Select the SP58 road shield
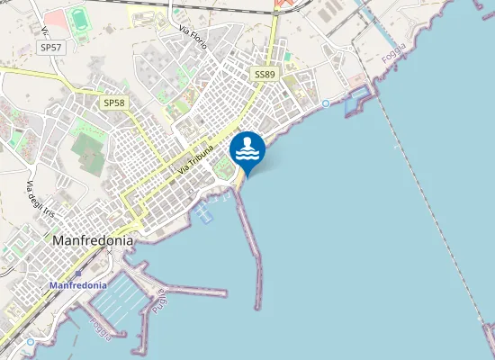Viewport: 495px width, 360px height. coord(113,103)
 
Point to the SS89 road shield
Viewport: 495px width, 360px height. coord(265,75)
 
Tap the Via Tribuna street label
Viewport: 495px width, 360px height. coord(196,159)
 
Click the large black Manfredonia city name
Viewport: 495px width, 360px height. coord(94,241)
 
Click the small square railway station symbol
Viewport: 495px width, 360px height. coord(77,273)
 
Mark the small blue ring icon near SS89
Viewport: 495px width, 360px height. coord(325,105)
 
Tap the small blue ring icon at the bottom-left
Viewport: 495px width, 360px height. coord(30,342)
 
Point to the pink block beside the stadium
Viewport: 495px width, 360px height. coord(55,17)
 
